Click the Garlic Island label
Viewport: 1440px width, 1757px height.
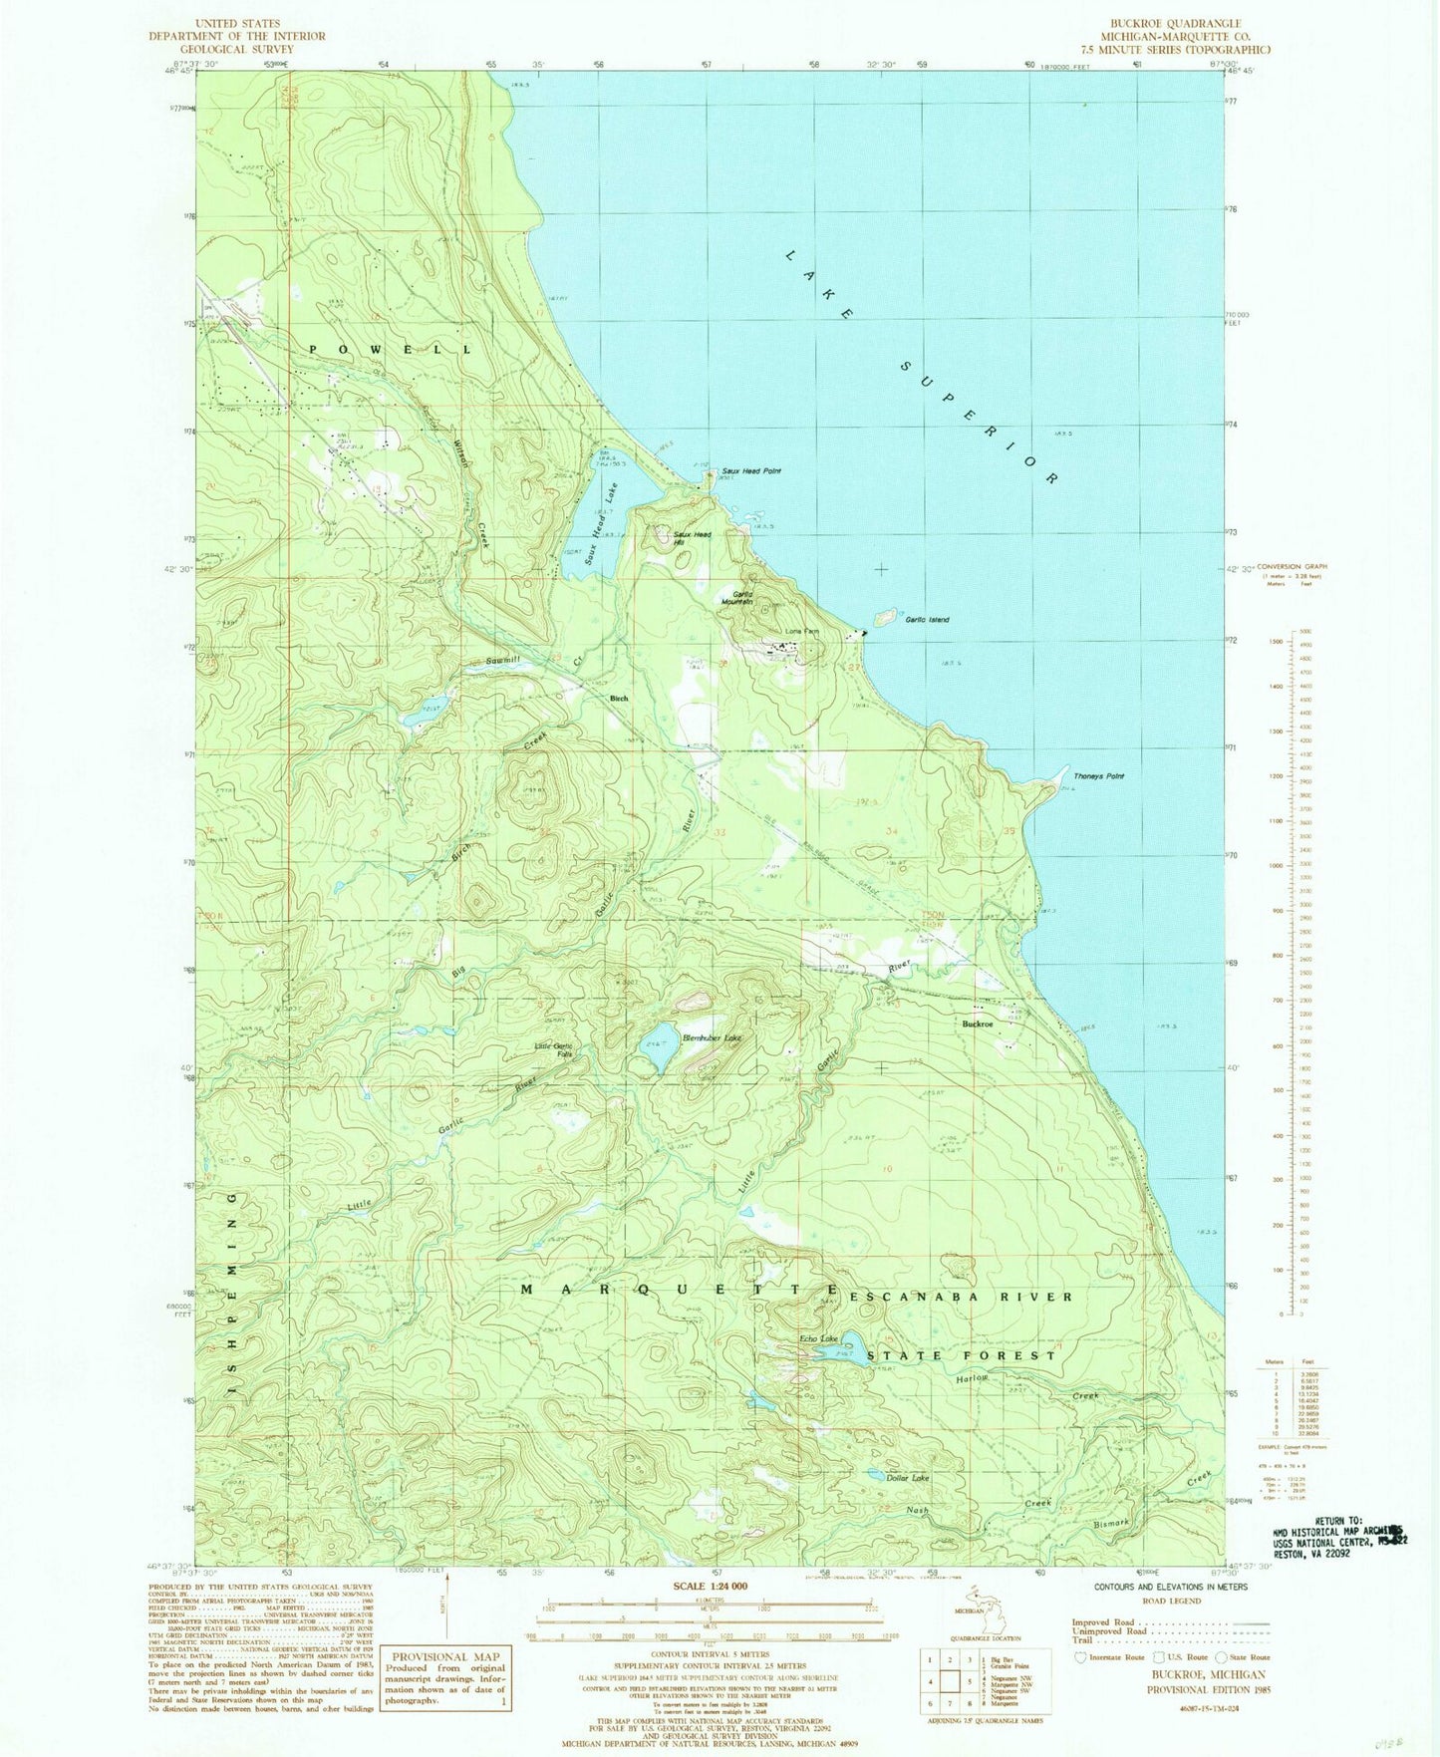(927, 620)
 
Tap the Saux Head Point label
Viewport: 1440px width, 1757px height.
(751, 471)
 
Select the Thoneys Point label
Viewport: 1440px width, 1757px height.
(1098, 776)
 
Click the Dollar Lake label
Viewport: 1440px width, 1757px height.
(908, 1478)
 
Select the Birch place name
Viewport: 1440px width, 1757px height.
(619, 699)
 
